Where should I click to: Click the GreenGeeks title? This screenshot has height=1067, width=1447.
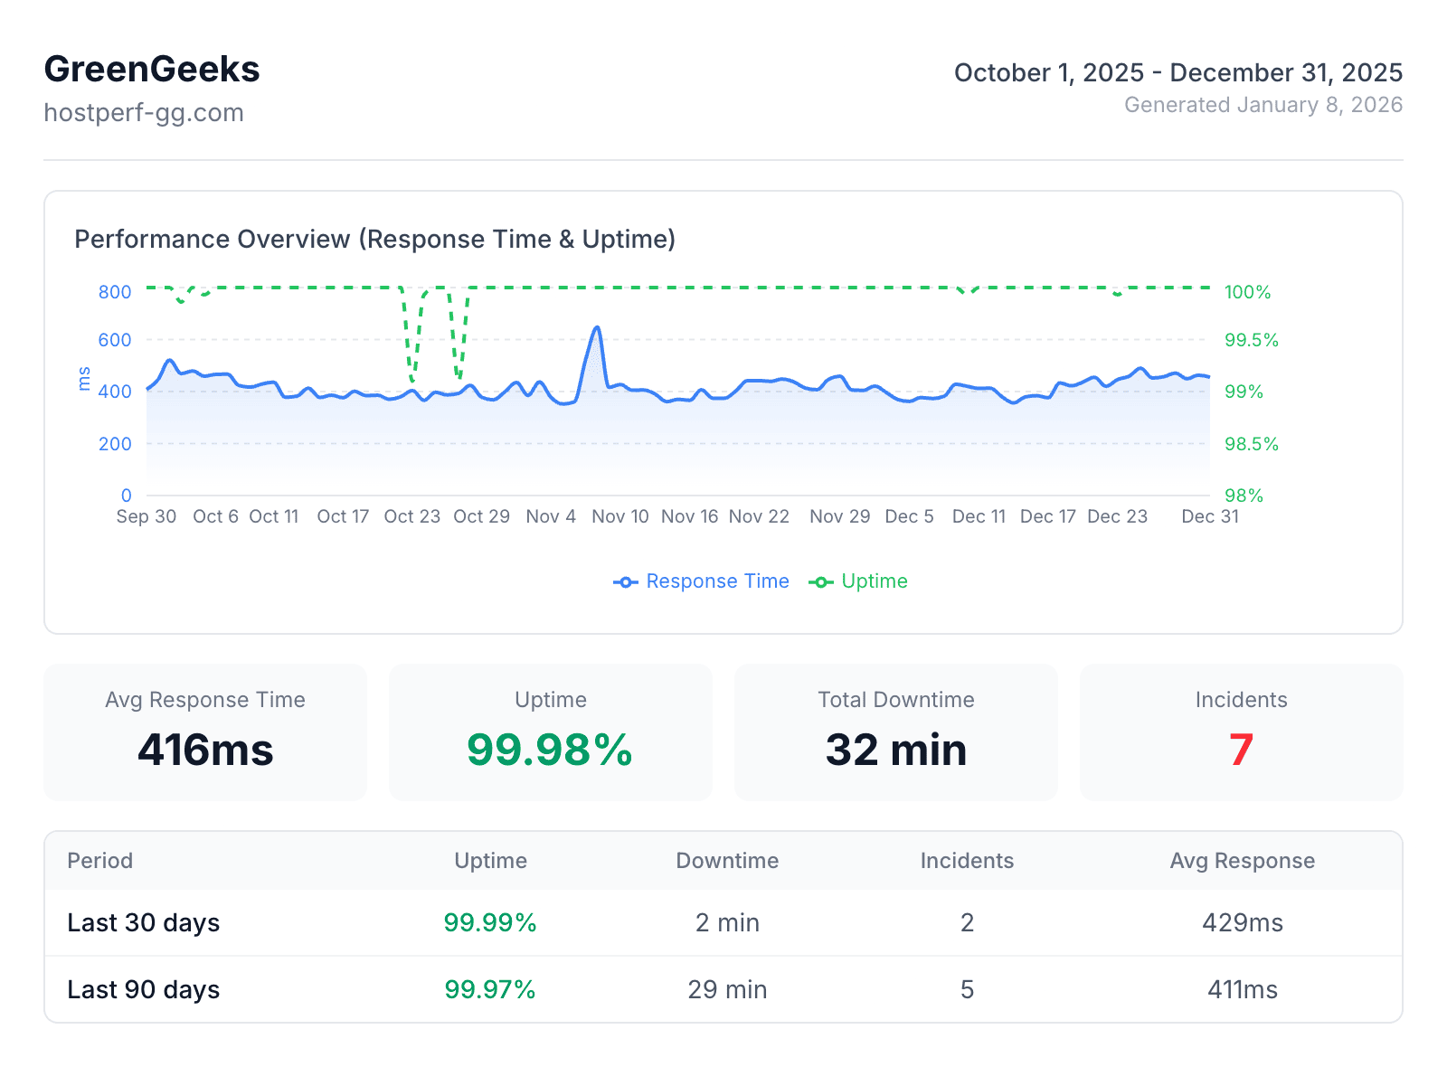[152, 70]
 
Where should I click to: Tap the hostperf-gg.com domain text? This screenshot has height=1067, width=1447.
[144, 113]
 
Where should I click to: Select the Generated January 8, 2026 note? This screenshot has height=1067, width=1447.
[1263, 105]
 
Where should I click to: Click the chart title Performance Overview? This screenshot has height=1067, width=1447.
[374, 240]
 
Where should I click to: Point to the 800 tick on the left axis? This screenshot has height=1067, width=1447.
[115, 292]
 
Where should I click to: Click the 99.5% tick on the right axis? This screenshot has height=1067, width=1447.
[1251, 341]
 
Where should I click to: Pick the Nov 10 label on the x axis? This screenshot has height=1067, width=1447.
[619, 516]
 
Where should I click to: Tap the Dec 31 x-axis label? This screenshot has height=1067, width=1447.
[1209, 516]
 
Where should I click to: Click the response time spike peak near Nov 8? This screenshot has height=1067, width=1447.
[597, 328]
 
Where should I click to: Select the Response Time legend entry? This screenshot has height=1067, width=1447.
[702, 581]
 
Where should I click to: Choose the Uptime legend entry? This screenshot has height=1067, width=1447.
[858, 581]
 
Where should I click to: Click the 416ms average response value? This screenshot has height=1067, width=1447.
[205, 750]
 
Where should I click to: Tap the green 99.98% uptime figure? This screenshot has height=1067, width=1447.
[550, 750]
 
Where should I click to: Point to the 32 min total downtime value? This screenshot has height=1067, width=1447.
[895, 750]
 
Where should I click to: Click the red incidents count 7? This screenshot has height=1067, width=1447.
[1241, 750]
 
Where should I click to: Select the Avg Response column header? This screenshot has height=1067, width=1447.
[1242, 861]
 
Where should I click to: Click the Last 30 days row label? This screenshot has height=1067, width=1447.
[144, 923]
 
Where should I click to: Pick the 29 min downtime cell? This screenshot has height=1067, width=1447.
[727, 990]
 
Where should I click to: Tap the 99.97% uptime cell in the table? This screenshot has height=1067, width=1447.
[490, 990]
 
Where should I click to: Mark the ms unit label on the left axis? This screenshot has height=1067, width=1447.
[85, 379]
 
